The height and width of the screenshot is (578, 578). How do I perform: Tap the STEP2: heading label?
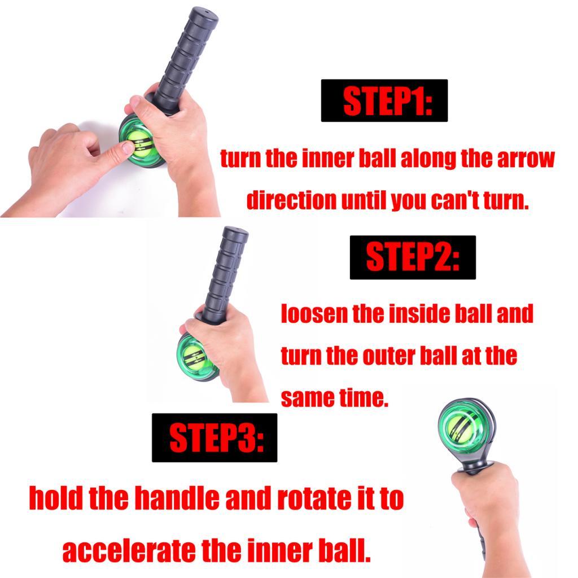click(413, 257)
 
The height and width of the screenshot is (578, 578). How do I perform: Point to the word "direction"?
click(291, 200)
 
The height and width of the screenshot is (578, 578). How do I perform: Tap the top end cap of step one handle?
click(203, 14)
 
